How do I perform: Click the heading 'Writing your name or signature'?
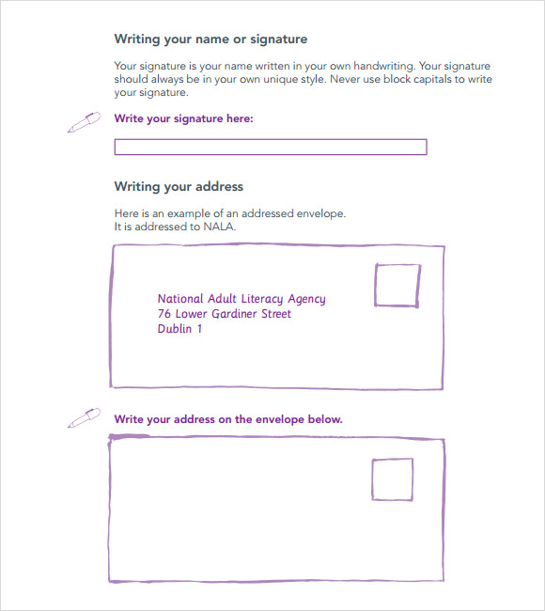click(210, 39)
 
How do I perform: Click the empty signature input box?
click(270, 147)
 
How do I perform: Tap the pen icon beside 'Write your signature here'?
click(84, 122)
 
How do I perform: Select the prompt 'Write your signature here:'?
click(183, 119)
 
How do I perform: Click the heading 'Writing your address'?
click(179, 187)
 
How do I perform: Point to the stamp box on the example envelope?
click(397, 285)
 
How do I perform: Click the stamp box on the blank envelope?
click(392, 479)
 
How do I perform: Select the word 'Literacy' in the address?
click(259, 299)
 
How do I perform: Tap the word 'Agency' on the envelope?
click(306, 300)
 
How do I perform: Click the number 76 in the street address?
click(163, 314)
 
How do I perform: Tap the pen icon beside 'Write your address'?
click(84, 416)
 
